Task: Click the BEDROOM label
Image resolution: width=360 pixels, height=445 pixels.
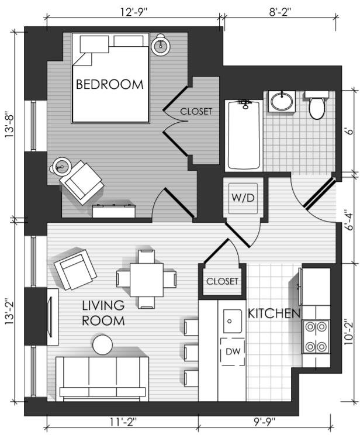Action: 110,85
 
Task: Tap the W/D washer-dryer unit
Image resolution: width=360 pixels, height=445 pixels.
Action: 243,198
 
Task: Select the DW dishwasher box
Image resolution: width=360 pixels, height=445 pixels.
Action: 233,351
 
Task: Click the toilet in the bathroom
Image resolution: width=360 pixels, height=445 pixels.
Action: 317,105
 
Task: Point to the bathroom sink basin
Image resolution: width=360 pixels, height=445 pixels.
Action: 282,101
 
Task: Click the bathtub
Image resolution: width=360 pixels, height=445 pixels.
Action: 244,136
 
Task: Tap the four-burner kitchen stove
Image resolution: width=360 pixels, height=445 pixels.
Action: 316,336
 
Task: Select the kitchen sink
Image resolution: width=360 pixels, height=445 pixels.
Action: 233,321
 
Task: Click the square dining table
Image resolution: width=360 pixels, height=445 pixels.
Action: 147,280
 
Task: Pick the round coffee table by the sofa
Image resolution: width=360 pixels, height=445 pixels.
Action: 102,344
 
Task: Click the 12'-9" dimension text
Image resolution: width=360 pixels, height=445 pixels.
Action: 134,12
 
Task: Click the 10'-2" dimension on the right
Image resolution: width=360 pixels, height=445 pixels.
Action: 349,333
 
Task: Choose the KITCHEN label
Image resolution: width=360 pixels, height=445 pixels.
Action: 274,313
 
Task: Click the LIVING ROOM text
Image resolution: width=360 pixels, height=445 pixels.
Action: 103,313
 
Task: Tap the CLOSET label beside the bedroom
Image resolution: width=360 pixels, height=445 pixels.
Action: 196,111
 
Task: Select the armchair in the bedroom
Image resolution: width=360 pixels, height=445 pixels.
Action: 81,182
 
